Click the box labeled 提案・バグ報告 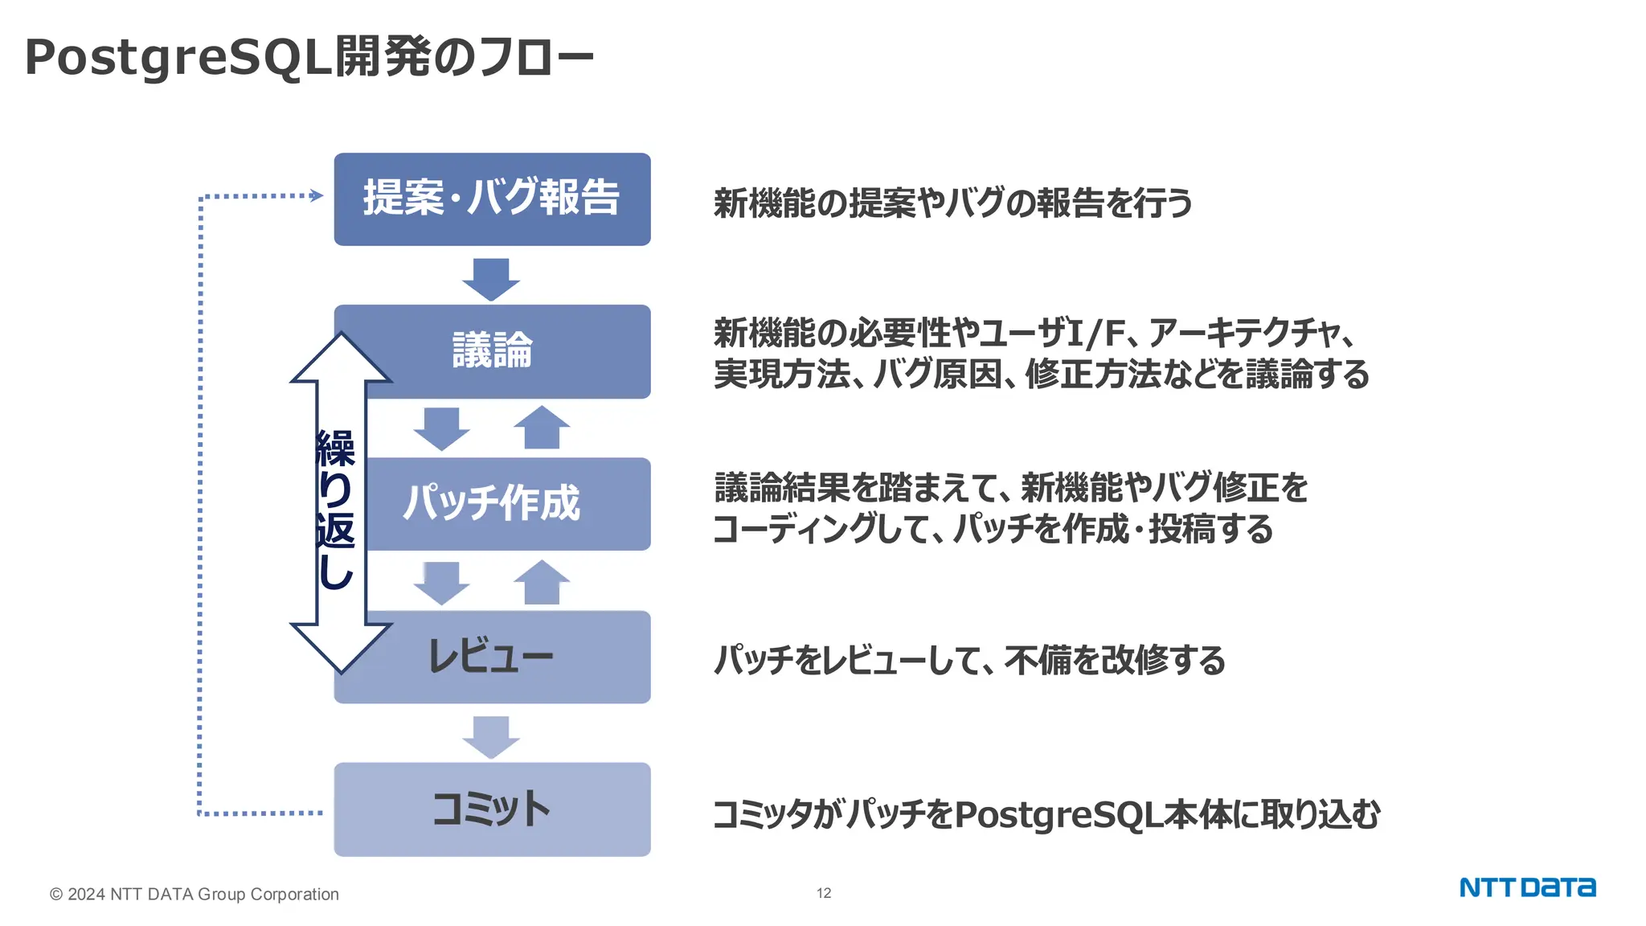[492, 199]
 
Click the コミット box [492, 809]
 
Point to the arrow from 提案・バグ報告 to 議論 [491, 278]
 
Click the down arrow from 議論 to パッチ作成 [441, 428]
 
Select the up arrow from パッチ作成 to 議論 [542, 428]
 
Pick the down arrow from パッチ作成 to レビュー [441, 582]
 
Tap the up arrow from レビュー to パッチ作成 [542, 582]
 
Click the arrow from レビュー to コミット [491, 736]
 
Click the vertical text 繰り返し [336, 509]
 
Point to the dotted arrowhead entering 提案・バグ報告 [317, 195]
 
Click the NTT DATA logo [1527, 888]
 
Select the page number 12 [824, 893]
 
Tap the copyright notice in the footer [194, 894]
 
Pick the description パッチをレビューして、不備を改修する [969, 660]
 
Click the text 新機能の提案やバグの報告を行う [953, 203]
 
